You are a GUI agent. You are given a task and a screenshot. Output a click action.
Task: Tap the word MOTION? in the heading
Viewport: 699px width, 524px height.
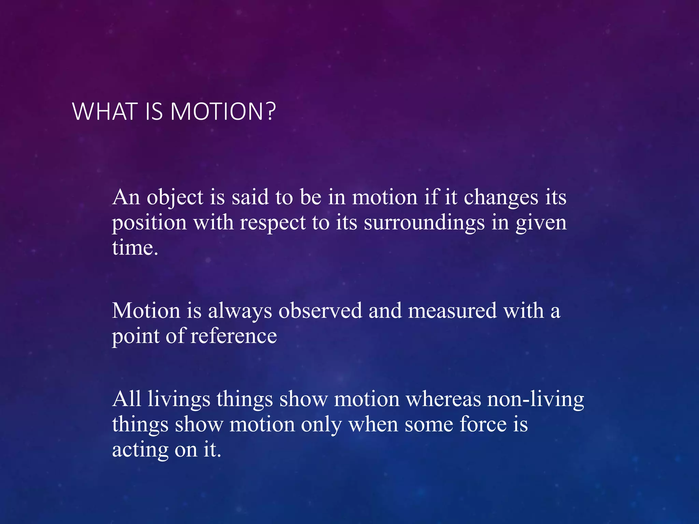(223, 112)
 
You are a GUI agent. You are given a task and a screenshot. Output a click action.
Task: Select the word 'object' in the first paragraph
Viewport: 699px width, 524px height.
(175, 198)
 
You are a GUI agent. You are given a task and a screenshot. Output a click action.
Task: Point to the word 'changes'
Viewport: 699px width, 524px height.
(501, 198)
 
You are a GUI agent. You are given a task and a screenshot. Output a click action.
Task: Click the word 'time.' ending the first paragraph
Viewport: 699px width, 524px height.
(135, 248)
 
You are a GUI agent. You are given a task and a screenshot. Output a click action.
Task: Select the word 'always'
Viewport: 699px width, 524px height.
(240, 311)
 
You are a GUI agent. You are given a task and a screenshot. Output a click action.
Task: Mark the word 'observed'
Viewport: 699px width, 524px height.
(320, 311)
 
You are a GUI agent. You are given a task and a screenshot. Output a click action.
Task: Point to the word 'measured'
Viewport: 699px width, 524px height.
(452, 311)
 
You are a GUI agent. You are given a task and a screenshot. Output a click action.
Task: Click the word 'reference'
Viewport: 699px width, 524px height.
(233, 336)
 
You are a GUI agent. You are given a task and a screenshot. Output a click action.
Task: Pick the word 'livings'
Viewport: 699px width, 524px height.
(179, 399)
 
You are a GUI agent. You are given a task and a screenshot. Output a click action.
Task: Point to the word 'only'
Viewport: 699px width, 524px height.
(321, 425)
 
